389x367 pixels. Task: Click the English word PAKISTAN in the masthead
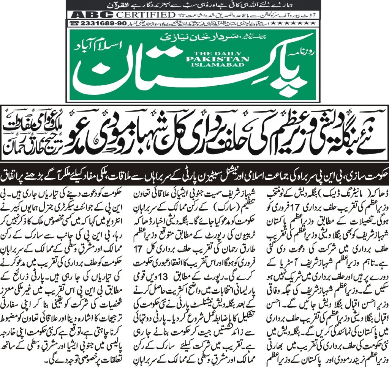[218, 59]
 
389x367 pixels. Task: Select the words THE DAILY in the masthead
[218, 53]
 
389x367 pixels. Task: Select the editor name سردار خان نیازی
[207, 39]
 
